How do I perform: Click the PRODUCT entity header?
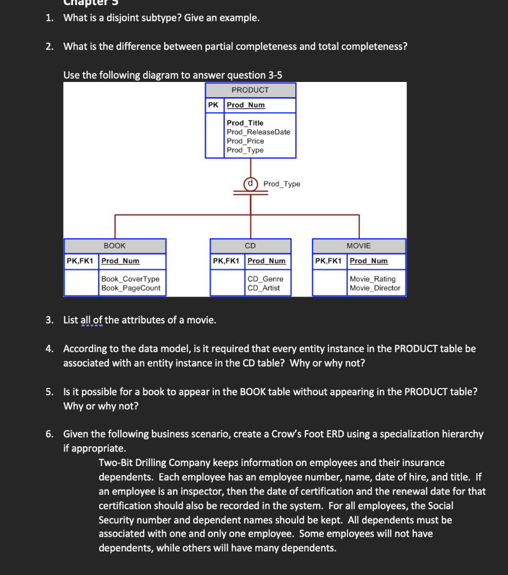250,90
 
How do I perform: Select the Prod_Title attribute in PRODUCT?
245,123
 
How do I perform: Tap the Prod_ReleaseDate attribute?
258,132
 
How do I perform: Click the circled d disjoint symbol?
250,184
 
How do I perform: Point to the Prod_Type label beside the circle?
281,184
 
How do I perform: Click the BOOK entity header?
115,246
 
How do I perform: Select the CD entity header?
250,246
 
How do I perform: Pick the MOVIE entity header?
359,246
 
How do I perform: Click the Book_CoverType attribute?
130,279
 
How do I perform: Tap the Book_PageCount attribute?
131,288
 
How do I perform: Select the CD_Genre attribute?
266,279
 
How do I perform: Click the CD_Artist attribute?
264,288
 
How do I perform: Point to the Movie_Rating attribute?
372,279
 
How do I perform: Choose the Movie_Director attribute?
375,288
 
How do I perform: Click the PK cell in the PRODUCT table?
213,105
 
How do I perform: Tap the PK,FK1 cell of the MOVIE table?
329,261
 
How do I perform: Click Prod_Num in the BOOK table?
120,261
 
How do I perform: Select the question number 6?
50,434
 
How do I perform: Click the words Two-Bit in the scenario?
116,463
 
